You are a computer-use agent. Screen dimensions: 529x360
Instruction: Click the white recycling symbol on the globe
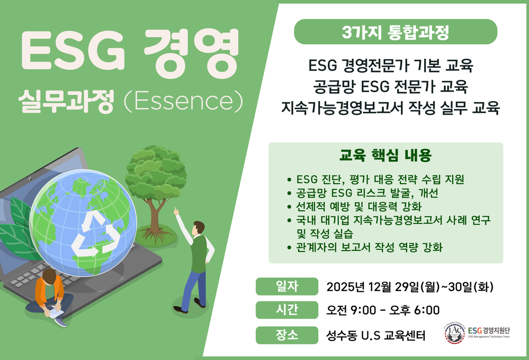pos(95,235)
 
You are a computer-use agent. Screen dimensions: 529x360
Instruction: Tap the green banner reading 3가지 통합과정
pos(396,32)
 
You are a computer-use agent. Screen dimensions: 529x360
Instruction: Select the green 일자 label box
pos(287,286)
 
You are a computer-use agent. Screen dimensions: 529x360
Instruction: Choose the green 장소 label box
pos(287,335)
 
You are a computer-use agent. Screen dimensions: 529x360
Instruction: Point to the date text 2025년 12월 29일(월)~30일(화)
pos(410,287)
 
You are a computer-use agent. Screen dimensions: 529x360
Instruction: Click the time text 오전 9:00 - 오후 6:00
pos(383,310)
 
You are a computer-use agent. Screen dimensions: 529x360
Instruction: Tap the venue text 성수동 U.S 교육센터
pos(376,336)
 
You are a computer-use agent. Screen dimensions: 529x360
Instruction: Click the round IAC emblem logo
pos(455,332)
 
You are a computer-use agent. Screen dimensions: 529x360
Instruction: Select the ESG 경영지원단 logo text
pos(489,332)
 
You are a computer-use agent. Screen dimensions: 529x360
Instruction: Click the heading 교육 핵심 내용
pos(385,156)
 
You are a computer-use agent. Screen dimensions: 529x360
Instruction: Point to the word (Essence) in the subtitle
pos(183,101)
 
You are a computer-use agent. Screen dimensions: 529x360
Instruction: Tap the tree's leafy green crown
pos(156,172)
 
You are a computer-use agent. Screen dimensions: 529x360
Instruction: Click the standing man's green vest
pos(200,254)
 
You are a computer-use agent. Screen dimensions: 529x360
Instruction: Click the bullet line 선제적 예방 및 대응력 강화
pos(359,206)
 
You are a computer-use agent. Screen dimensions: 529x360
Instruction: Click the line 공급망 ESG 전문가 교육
pos(390,87)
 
